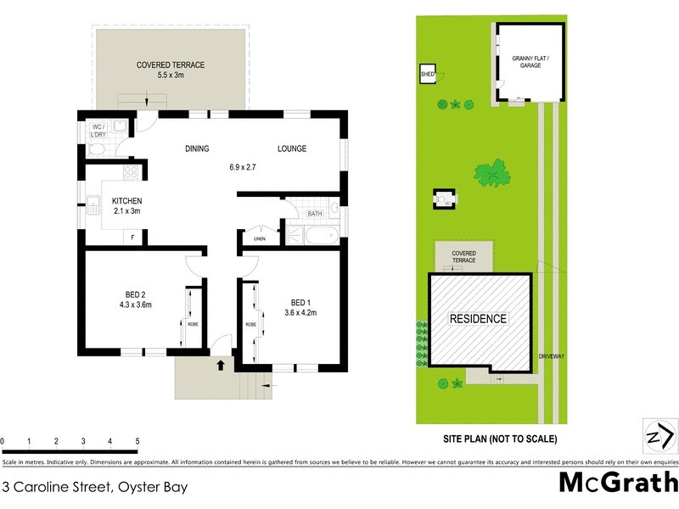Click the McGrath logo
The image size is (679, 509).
618,483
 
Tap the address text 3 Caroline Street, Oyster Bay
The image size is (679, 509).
95,487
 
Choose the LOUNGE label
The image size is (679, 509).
292,149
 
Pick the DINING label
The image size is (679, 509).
197,149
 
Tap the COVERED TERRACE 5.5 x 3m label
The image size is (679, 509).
170,70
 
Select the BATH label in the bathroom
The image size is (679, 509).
315,214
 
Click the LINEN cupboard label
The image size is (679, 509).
260,239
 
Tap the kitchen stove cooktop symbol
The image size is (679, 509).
131,173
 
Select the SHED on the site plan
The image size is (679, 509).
427,75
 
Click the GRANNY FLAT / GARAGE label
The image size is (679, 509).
530,64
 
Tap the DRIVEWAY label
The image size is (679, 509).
551,356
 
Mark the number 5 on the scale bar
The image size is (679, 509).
137,442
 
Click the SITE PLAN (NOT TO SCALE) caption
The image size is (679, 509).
500,439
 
